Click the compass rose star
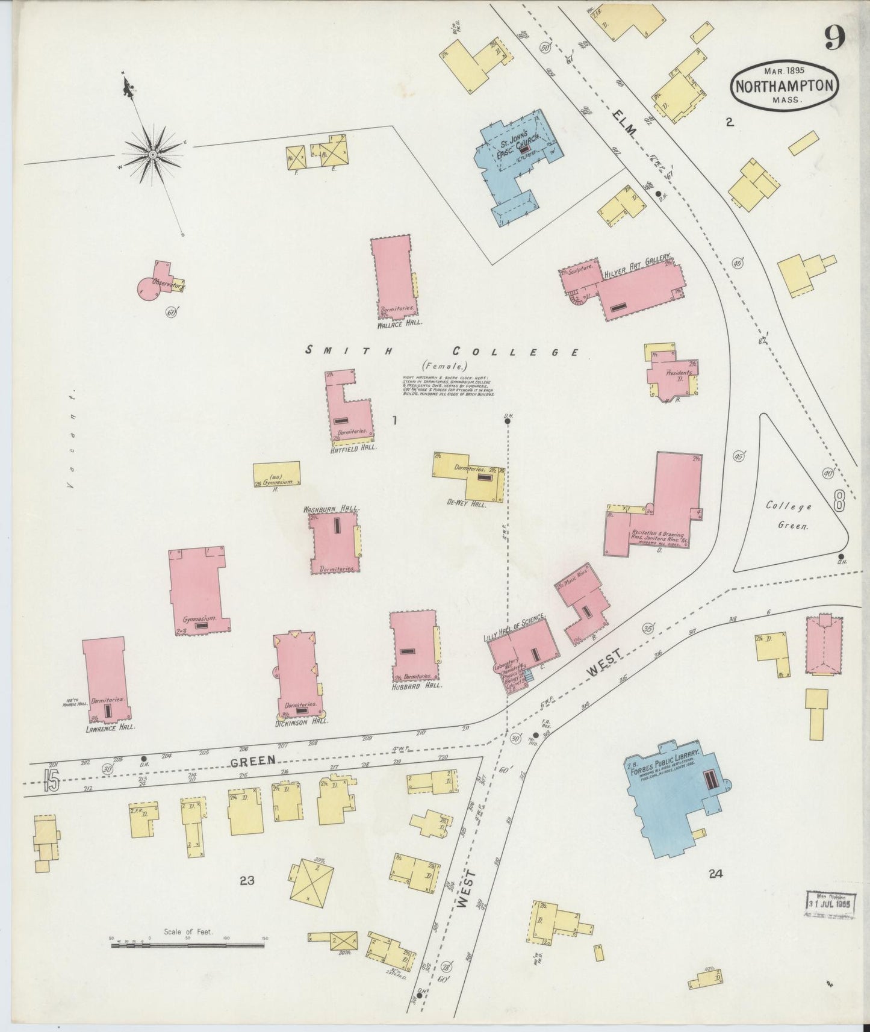coord(152,155)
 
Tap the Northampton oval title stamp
coord(786,85)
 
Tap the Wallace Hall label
coord(400,323)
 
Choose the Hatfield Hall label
coord(353,448)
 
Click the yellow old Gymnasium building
coord(276,474)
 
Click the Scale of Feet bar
coord(188,945)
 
